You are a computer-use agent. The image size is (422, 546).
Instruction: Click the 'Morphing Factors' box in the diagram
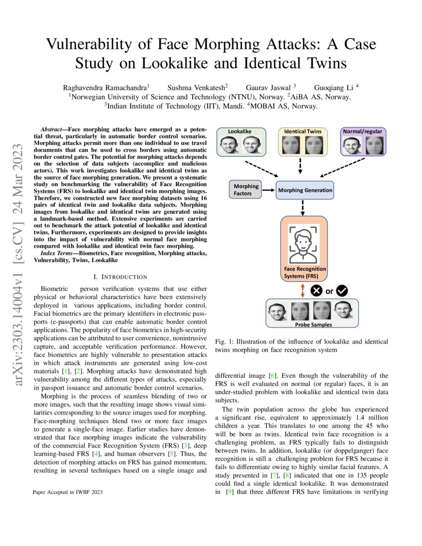tap(243, 190)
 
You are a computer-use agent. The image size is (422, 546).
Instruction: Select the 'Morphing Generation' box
tap(305, 190)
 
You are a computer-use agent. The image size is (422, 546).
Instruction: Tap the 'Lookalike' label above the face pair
tap(239, 132)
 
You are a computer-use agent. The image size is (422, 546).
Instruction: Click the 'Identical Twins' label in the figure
tap(302, 132)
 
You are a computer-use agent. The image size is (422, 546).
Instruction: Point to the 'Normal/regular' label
tap(362, 132)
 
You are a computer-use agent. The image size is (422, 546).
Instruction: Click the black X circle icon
tap(316, 291)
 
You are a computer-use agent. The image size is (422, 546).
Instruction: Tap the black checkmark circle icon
tap(342, 291)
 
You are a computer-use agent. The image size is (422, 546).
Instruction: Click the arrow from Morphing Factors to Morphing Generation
tap(268, 190)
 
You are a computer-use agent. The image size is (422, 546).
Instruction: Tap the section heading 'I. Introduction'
tap(120, 276)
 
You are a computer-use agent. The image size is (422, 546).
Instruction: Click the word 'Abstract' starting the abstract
tap(51, 128)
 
